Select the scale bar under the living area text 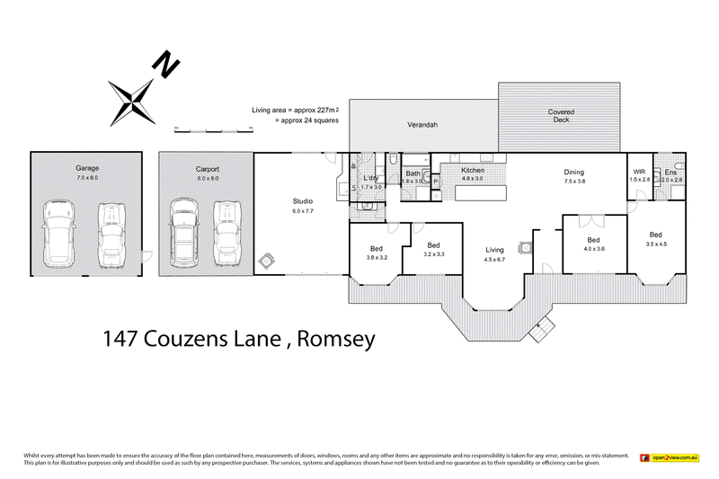pyautogui.click(x=213, y=131)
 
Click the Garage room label pyautogui.click(x=86, y=169)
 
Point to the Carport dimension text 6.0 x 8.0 pyautogui.click(x=208, y=178)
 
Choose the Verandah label pyautogui.click(x=422, y=124)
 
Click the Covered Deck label pyautogui.click(x=562, y=115)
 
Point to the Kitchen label pyautogui.click(x=473, y=170)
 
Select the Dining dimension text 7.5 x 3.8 pyautogui.click(x=573, y=181)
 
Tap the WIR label pyautogui.click(x=639, y=171)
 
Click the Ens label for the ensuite pyautogui.click(x=670, y=172)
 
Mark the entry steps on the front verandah pyautogui.click(x=543, y=331)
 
